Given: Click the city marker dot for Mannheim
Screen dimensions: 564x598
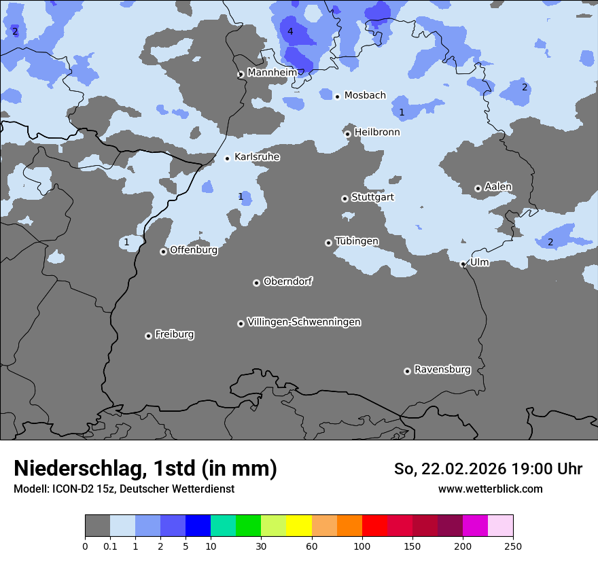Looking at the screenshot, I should pyautogui.click(x=241, y=75).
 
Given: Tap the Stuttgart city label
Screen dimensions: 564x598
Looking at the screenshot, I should pyautogui.click(x=372, y=197).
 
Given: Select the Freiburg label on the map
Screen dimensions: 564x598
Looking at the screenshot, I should pyautogui.click(x=174, y=334).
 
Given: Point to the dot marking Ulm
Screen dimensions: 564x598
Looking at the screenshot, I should pyautogui.click(x=463, y=264).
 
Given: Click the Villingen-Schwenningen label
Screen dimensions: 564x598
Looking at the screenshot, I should pyautogui.click(x=304, y=322).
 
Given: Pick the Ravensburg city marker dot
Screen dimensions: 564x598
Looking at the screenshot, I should pyautogui.click(x=407, y=371).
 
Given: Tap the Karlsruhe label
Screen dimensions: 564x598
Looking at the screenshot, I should pyautogui.click(x=257, y=157).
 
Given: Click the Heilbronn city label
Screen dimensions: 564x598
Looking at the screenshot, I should pyautogui.click(x=377, y=133).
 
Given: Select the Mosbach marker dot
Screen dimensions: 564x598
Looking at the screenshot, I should pyautogui.click(x=337, y=96).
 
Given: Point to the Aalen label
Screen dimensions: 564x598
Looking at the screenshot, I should pyautogui.click(x=498, y=187).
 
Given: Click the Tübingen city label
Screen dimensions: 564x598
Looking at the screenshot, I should pyautogui.click(x=357, y=241).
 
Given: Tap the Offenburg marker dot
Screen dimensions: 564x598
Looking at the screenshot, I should pyautogui.click(x=163, y=251).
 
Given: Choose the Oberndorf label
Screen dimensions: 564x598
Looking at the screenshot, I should pyautogui.click(x=287, y=281).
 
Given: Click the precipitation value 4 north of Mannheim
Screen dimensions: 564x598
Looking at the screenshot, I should pyautogui.click(x=290, y=32).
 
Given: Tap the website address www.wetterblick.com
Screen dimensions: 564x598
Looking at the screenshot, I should pyautogui.click(x=490, y=489).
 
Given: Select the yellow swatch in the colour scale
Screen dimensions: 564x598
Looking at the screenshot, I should pyautogui.click(x=299, y=526).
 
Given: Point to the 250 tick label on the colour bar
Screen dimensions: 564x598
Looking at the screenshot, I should pyautogui.click(x=513, y=546).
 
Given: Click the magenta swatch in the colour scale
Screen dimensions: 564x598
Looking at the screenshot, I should pyautogui.click(x=475, y=526).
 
